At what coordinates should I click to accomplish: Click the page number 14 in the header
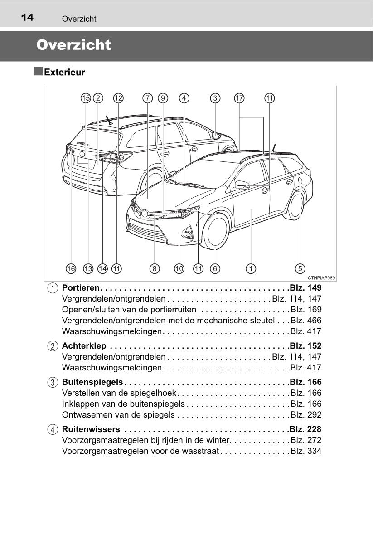[x=27, y=18]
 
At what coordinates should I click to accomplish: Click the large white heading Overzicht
[x=73, y=45]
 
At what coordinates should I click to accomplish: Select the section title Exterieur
[x=64, y=73]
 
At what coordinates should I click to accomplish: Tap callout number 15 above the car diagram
[x=86, y=98]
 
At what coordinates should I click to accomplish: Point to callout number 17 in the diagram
[x=239, y=98]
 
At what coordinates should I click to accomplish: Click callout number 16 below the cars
[x=71, y=268]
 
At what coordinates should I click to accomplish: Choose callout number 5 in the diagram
[x=300, y=268]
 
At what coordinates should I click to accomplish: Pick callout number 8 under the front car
[x=155, y=268]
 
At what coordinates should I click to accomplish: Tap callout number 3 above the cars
[x=215, y=98]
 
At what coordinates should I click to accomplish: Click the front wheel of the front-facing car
[x=215, y=231]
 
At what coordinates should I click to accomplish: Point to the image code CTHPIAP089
[x=321, y=278]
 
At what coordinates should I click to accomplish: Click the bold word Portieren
[x=81, y=288]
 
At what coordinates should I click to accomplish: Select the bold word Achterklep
[x=84, y=346]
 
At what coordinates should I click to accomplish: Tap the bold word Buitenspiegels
[x=92, y=382]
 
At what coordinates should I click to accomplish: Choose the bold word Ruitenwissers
[x=91, y=429]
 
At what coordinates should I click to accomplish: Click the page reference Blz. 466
[x=306, y=321]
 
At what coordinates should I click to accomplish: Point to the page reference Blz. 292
[x=306, y=415]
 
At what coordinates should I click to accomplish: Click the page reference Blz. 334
[x=306, y=451]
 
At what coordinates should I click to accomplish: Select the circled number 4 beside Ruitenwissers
[x=53, y=429]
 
